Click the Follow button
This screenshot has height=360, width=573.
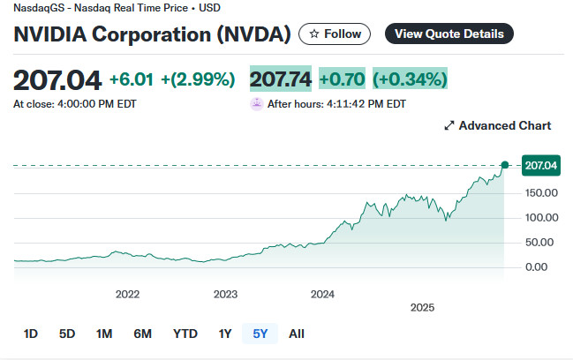coord(336,34)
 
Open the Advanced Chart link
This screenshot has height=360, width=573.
coord(497,126)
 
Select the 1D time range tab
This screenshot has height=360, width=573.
coord(31,334)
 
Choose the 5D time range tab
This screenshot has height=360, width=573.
coord(67,334)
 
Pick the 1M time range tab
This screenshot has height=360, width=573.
coord(104,334)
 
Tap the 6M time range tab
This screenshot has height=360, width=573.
coord(142,334)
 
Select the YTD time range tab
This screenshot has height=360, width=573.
coord(185,334)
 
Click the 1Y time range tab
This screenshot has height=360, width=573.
coord(225,334)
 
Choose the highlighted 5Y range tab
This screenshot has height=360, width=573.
coord(260,334)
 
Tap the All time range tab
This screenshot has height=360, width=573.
coord(297,334)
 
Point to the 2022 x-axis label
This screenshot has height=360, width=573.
coord(128,294)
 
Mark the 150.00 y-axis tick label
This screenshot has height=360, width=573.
coord(539,192)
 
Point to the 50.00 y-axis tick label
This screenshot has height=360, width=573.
coord(539,242)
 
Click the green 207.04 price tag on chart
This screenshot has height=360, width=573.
coord(541,165)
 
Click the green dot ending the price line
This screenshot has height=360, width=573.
coord(505,165)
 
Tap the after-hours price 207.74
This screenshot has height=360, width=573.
coord(281,79)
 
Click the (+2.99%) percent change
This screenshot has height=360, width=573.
coord(198,79)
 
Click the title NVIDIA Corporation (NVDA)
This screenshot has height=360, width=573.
coord(152,34)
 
